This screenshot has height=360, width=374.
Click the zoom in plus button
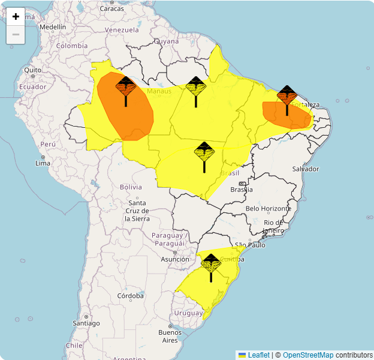(16, 17)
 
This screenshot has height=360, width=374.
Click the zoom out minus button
(16, 35)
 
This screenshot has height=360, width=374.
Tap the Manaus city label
(159, 91)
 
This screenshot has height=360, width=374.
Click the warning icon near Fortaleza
(287, 96)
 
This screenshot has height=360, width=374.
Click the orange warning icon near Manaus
(126, 88)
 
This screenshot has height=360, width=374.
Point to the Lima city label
(43, 163)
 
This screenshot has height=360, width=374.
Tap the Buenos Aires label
(170, 336)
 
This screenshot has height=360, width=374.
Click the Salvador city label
(305, 169)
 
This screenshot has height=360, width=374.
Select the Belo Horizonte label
(268, 208)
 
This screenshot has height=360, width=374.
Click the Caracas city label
(111, 8)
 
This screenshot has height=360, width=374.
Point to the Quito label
(33, 70)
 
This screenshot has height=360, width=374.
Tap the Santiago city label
(86, 323)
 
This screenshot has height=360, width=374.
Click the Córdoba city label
(131, 296)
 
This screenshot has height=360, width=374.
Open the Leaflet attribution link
(259, 355)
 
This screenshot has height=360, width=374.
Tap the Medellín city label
(53, 27)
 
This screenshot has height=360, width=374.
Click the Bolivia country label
(131, 187)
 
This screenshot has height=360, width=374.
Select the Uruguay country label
(188, 313)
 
